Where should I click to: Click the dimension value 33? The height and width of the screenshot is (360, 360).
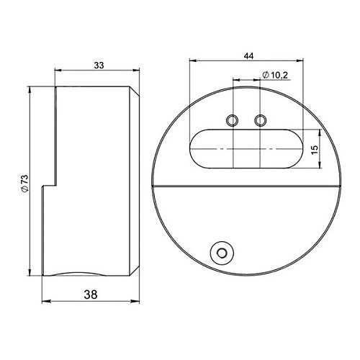tap(99, 65)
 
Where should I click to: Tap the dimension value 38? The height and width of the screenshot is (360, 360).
tap(91, 294)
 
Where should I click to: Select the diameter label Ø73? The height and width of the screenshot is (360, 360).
tap(24, 183)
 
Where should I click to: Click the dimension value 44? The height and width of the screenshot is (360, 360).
tap(248, 56)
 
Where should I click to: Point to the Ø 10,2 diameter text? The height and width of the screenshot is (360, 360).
tap(275, 75)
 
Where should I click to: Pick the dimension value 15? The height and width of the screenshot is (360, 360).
tap(315, 150)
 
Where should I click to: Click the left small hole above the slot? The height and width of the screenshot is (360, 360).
tap(233, 120)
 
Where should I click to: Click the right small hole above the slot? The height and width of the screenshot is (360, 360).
tap(261, 120)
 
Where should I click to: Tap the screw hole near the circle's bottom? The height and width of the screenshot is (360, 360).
tap(222, 253)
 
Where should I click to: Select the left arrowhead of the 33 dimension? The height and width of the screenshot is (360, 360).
tap(58, 70)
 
